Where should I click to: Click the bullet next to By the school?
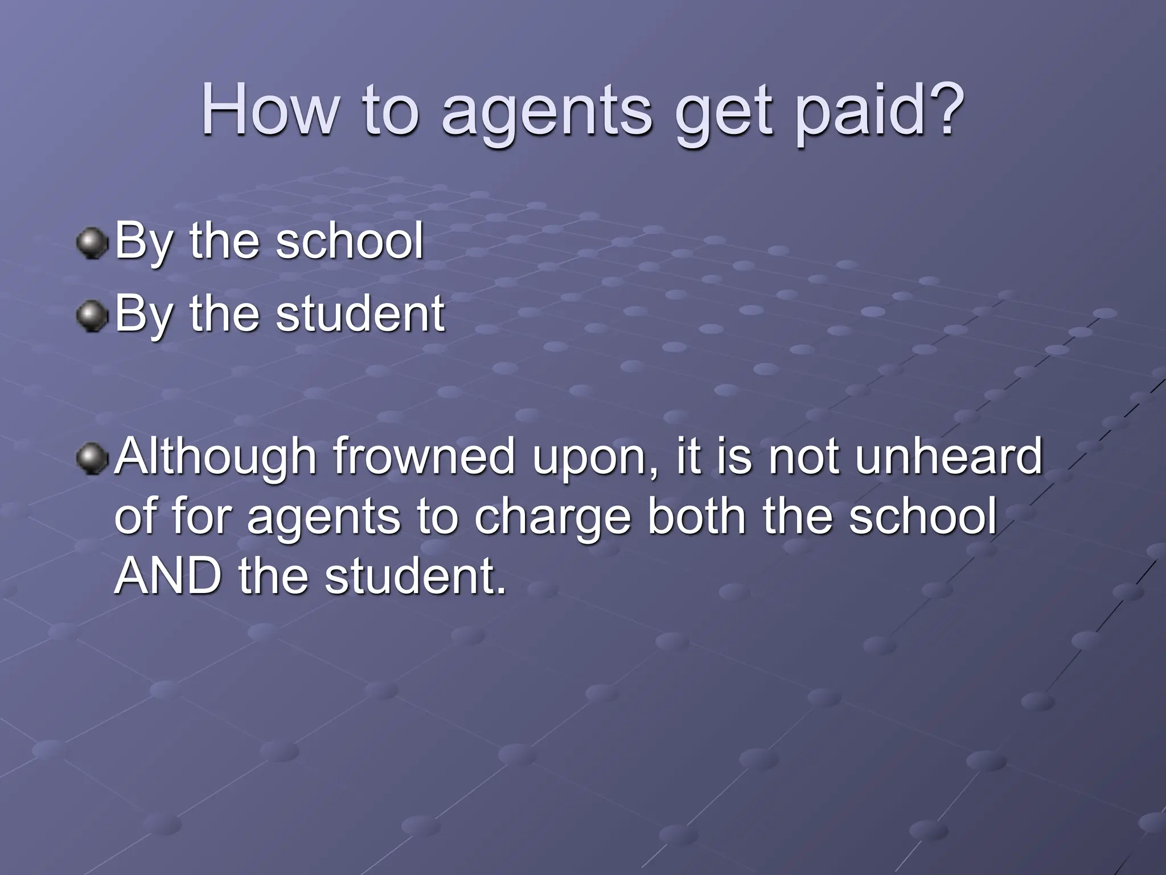92,243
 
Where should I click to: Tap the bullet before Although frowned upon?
92,459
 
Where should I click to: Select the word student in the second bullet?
360,313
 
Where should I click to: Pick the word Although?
215,457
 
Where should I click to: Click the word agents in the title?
547,111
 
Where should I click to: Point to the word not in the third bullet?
803,457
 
